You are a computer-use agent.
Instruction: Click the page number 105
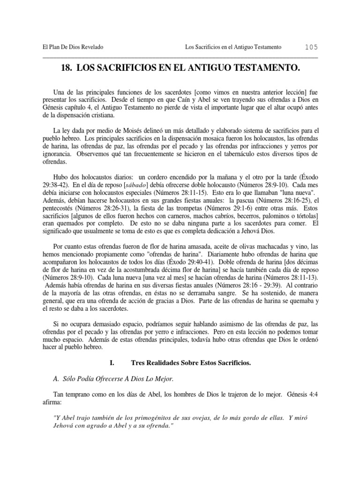point(311,47)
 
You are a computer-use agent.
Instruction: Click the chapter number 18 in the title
point(66,68)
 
